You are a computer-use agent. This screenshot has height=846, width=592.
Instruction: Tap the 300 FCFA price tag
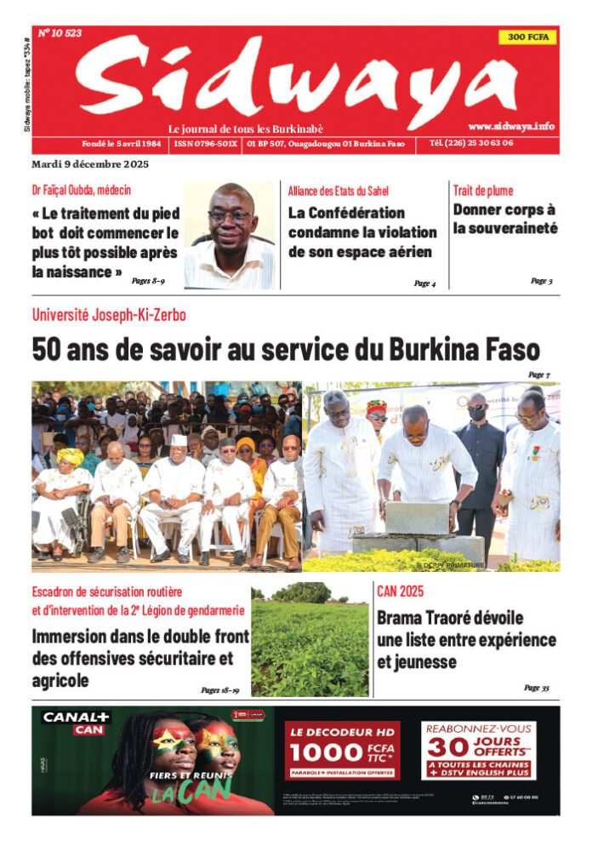coord(528,37)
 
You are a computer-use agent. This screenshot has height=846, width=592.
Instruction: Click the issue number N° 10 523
coord(60,33)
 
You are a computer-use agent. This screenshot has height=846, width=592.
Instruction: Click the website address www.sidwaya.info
coord(511,126)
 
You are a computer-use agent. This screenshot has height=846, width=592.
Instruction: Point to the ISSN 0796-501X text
coord(206,145)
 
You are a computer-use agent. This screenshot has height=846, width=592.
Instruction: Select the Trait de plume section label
coord(483,191)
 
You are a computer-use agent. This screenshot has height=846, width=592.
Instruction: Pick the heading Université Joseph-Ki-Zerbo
coord(109,315)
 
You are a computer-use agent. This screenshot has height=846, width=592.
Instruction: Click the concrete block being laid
coord(417,518)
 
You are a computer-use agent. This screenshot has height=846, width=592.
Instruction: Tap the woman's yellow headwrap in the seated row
coord(70,457)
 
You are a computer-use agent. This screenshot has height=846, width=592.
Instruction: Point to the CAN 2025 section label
coord(400,591)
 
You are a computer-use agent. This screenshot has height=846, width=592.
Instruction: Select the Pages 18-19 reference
coord(219,691)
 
